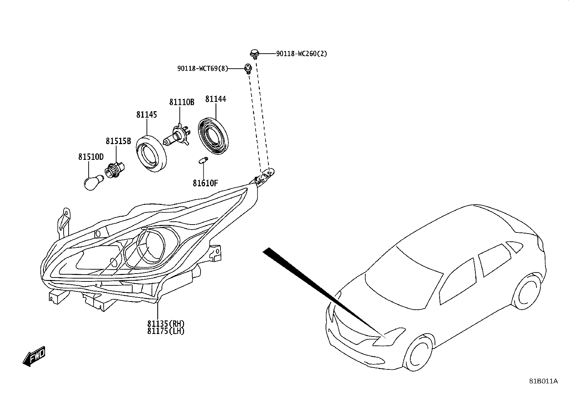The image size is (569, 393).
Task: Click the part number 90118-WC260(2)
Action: [x=302, y=54]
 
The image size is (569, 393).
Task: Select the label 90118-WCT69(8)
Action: [x=202, y=68]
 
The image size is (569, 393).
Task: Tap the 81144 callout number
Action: [x=216, y=99]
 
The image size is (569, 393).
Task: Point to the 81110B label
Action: [x=182, y=102]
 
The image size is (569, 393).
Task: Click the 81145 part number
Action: [x=147, y=115]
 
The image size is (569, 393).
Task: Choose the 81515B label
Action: [x=118, y=141]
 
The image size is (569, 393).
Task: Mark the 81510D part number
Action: [x=91, y=157]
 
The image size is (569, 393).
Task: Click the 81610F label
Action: [x=205, y=183]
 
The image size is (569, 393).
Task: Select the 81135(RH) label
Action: [x=165, y=324]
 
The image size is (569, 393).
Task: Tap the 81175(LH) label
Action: [x=165, y=331]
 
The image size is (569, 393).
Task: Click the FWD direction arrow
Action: [x=34, y=356]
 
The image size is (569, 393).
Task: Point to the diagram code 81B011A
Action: [x=543, y=381]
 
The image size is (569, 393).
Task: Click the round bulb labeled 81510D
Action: [x=93, y=182]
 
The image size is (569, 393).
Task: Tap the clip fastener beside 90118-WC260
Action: [x=254, y=54]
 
